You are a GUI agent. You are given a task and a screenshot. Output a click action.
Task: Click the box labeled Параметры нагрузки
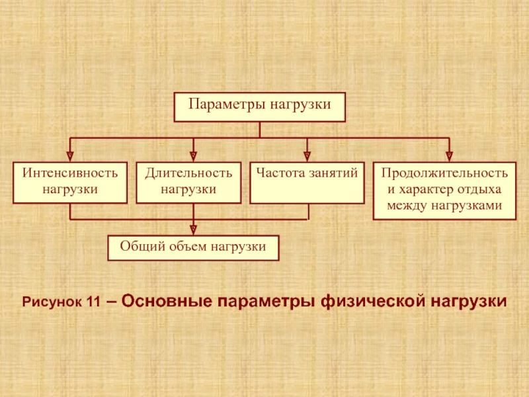260,107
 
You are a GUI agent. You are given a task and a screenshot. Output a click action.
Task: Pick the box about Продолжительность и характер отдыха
444,190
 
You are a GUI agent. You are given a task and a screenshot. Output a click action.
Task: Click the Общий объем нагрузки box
193,247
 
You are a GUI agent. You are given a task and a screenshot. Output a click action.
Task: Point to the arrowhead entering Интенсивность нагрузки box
70,156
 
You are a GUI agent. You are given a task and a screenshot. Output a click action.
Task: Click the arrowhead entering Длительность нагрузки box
193,156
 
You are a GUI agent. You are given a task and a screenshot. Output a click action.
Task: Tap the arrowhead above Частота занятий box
307,156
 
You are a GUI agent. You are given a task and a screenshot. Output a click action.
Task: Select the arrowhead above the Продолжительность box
449,156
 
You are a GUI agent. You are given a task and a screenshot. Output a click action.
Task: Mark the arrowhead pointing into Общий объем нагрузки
193,230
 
